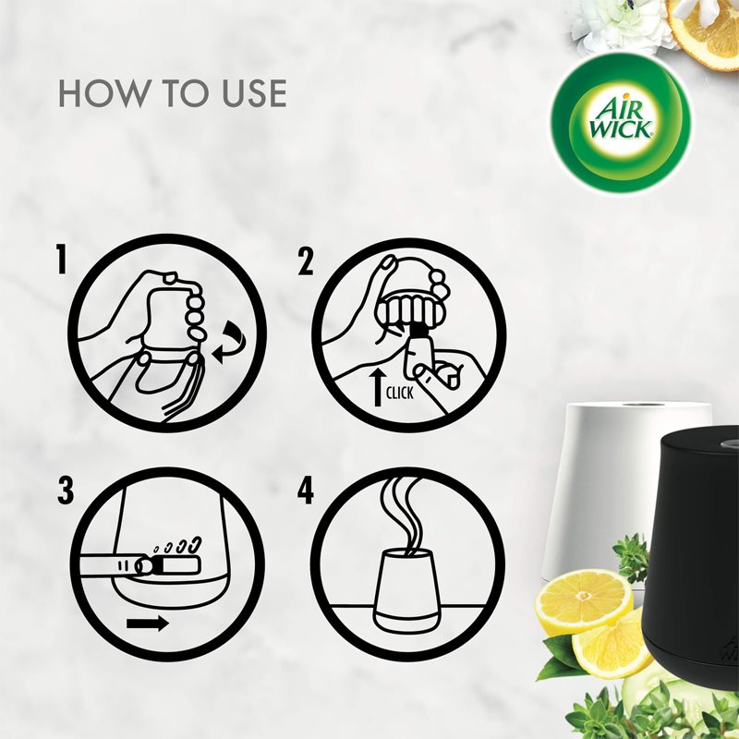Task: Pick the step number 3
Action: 65,491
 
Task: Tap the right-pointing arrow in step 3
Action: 148,623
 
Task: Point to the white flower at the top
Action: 624,23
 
